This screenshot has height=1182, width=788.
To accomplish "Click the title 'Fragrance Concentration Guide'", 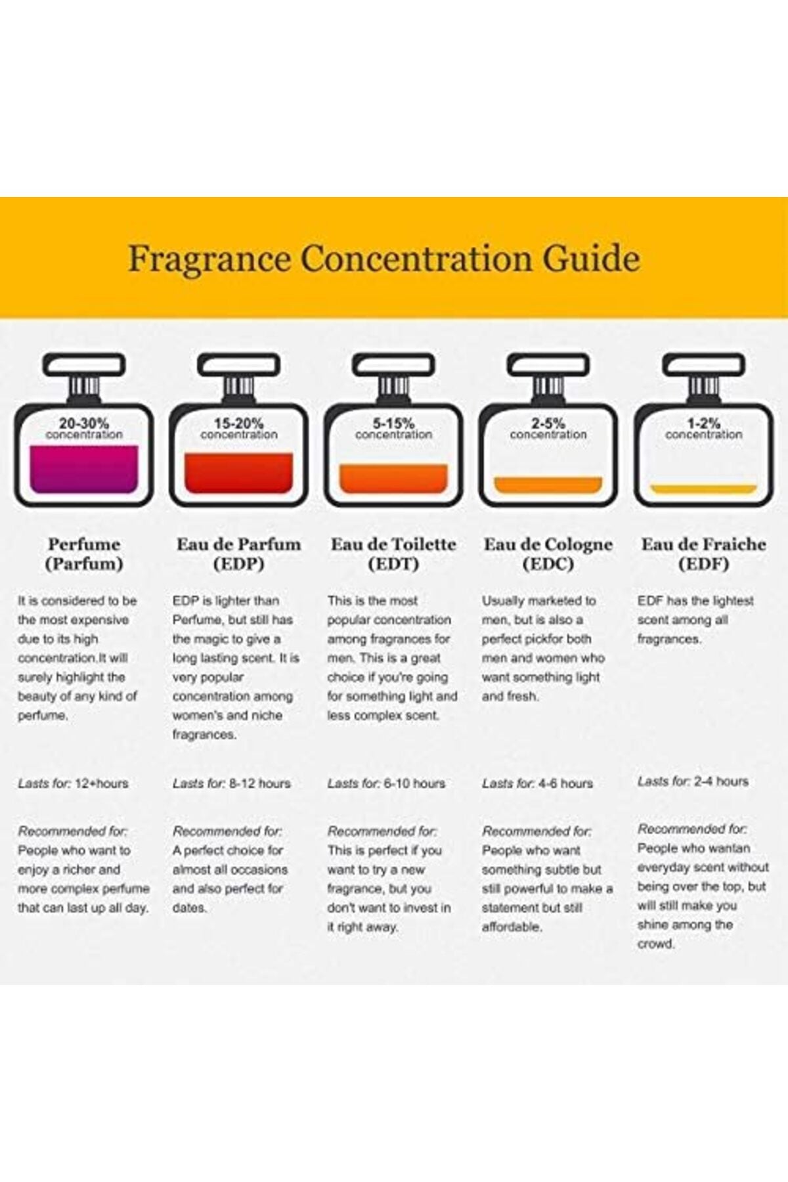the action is pyautogui.click(x=383, y=259).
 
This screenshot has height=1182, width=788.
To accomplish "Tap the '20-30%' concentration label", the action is pyautogui.click(x=84, y=424).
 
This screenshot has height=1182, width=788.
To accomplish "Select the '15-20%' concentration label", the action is pyautogui.click(x=239, y=424).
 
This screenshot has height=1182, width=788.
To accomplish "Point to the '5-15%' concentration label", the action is pyautogui.click(x=394, y=424).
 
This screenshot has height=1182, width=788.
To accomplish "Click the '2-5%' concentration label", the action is pyautogui.click(x=548, y=424).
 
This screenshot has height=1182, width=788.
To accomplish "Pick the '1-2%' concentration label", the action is pyautogui.click(x=703, y=424).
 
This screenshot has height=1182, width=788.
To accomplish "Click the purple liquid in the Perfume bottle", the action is pyautogui.click(x=84, y=469).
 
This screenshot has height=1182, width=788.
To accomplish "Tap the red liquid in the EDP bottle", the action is pyautogui.click(x=239, y=473).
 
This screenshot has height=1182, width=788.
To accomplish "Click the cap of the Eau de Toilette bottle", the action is pyautogui.click(x=394, y=365).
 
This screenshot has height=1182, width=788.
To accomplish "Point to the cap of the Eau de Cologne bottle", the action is pyautogui.click(x=548, y=365).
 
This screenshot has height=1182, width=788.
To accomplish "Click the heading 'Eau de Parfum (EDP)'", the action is pyautogui.click(x=239, y=554).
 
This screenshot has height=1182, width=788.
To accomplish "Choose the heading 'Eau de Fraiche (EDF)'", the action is pyautogui.click(x=703, y=554).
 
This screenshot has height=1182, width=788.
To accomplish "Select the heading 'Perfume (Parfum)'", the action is pyautogui.click(x=84, y=554).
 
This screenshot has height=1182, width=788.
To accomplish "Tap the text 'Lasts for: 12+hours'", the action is pyautogui.click(x=73, y=783).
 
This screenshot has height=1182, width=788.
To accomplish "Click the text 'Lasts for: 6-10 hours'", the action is pyautogui.click(x=386, y=783).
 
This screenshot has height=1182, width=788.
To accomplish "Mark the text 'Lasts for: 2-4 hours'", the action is pyautogui.click(x=693, y=781).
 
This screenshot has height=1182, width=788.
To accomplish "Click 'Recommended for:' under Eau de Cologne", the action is pyautogui.click(x=536, y=831).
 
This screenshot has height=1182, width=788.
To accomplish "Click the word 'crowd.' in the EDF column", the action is pyautogui.click(x=656, y=944).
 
